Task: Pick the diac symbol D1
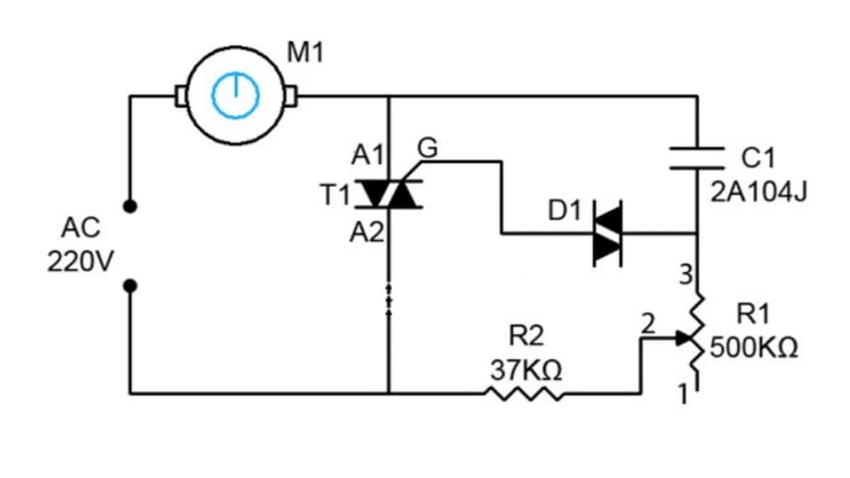(608, 233)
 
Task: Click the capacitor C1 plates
(698, 159)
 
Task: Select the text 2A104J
(759, 193)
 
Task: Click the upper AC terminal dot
(130, 206)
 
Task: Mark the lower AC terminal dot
(130, 286)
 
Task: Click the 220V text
(80, 263)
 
